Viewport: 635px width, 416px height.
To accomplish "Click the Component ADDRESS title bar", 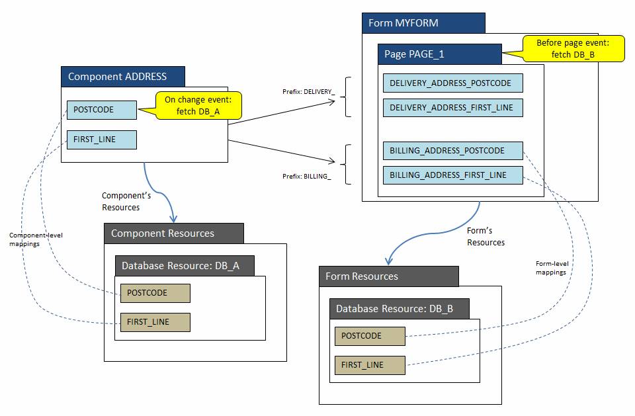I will tap(123, 76).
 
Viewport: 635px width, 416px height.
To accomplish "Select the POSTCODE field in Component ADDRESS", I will tap(101, 109).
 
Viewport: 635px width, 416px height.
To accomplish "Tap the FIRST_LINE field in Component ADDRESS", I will tap(101, 140).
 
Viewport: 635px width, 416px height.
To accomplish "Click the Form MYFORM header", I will tap(423, 23).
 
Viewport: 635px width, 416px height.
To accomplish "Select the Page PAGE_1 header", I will tap(439, 54).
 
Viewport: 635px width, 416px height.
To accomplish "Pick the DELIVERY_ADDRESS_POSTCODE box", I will tap(452, 83).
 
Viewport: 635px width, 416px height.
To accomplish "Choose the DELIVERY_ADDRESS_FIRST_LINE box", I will tap(452, 108).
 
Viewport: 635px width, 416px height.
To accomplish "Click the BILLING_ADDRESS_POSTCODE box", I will tap(452, 151).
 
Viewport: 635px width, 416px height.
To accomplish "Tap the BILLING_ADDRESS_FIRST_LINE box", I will tap(452, 175).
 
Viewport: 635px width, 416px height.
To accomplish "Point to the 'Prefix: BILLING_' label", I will tap(307, 177).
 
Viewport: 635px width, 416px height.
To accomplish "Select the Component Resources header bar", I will tap(174, 233).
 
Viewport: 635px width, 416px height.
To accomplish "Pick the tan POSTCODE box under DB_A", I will tap(155, 293).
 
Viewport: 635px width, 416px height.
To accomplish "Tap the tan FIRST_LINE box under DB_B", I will tap(369, 365).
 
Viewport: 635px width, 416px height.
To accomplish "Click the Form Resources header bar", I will tap(388, 276).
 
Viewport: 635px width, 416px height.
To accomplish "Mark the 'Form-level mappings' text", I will tap(552, 268).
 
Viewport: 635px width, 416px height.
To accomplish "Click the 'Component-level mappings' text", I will tap(36, 239).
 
